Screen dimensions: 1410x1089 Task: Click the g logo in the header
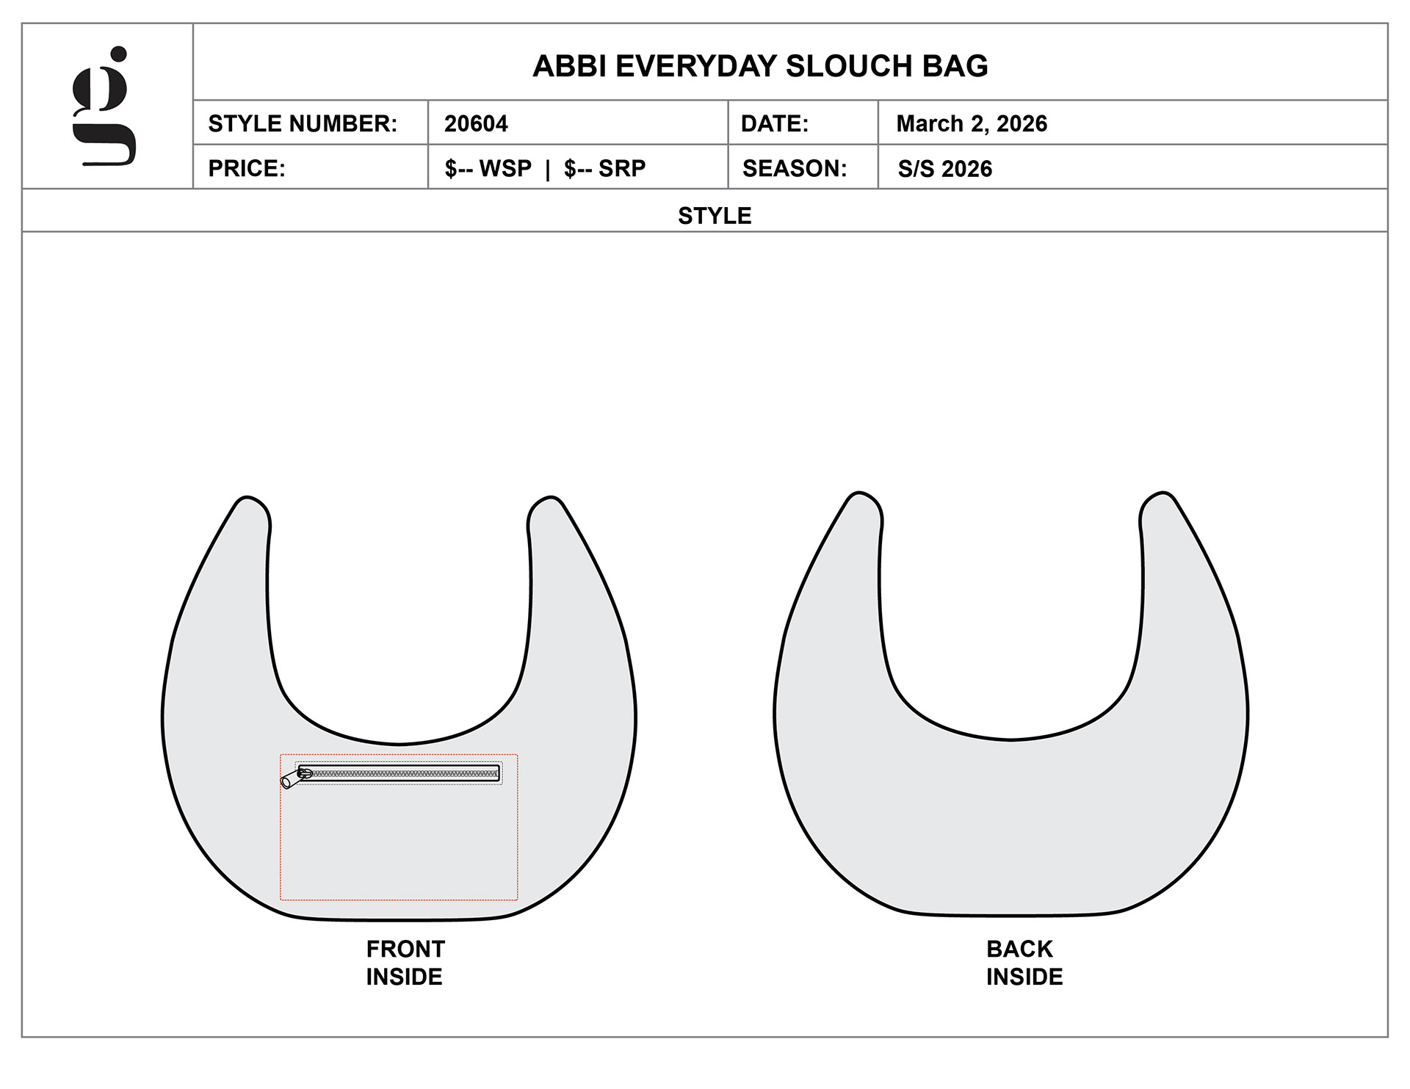tap(104, 106)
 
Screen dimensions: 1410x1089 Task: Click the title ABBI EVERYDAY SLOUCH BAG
tap(760, 66)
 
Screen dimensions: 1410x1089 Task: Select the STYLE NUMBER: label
tap(303, 123)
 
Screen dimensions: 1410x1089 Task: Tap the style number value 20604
tap(476, 123)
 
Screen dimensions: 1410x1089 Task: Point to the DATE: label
tap(775, 123)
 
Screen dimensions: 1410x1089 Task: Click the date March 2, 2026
tap(972, 123)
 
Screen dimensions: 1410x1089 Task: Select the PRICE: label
tap(247, 168)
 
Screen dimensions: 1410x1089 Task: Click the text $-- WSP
tap(488, 168)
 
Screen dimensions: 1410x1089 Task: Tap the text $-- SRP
tap(604, 168)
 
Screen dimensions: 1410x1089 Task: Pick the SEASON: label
tap(795, 168)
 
